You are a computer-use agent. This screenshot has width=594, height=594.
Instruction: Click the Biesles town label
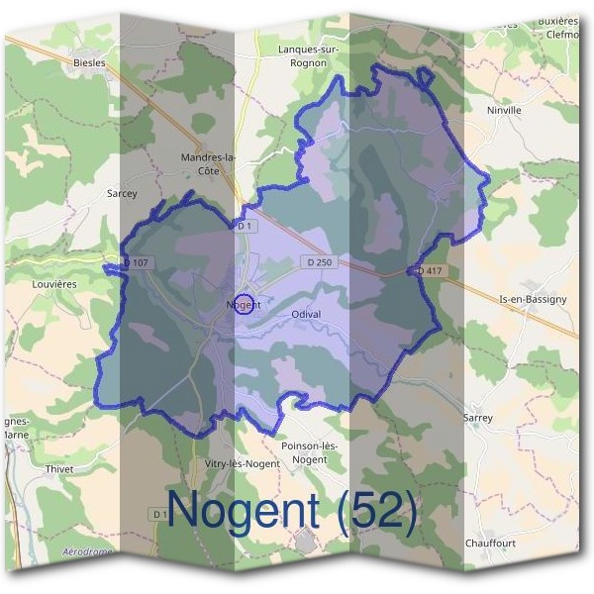[x=88, y=62]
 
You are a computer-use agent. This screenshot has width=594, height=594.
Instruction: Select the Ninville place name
[x=504, y=111]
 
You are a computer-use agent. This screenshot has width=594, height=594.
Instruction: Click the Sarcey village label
[x=122, y=194]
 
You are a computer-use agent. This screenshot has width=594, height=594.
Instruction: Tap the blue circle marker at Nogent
[x=247, y=303]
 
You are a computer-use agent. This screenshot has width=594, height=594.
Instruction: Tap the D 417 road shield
[x=430, y=270]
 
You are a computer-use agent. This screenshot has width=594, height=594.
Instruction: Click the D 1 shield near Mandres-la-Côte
[x=245, y=227]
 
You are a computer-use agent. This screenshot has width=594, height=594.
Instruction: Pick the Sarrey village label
[x=477, y=418]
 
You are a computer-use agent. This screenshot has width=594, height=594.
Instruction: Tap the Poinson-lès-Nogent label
[x=310, y=452]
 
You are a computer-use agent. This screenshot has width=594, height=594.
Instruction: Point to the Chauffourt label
[x=491, y=544]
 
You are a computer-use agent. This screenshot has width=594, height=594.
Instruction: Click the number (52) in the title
[x=375, y=511]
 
